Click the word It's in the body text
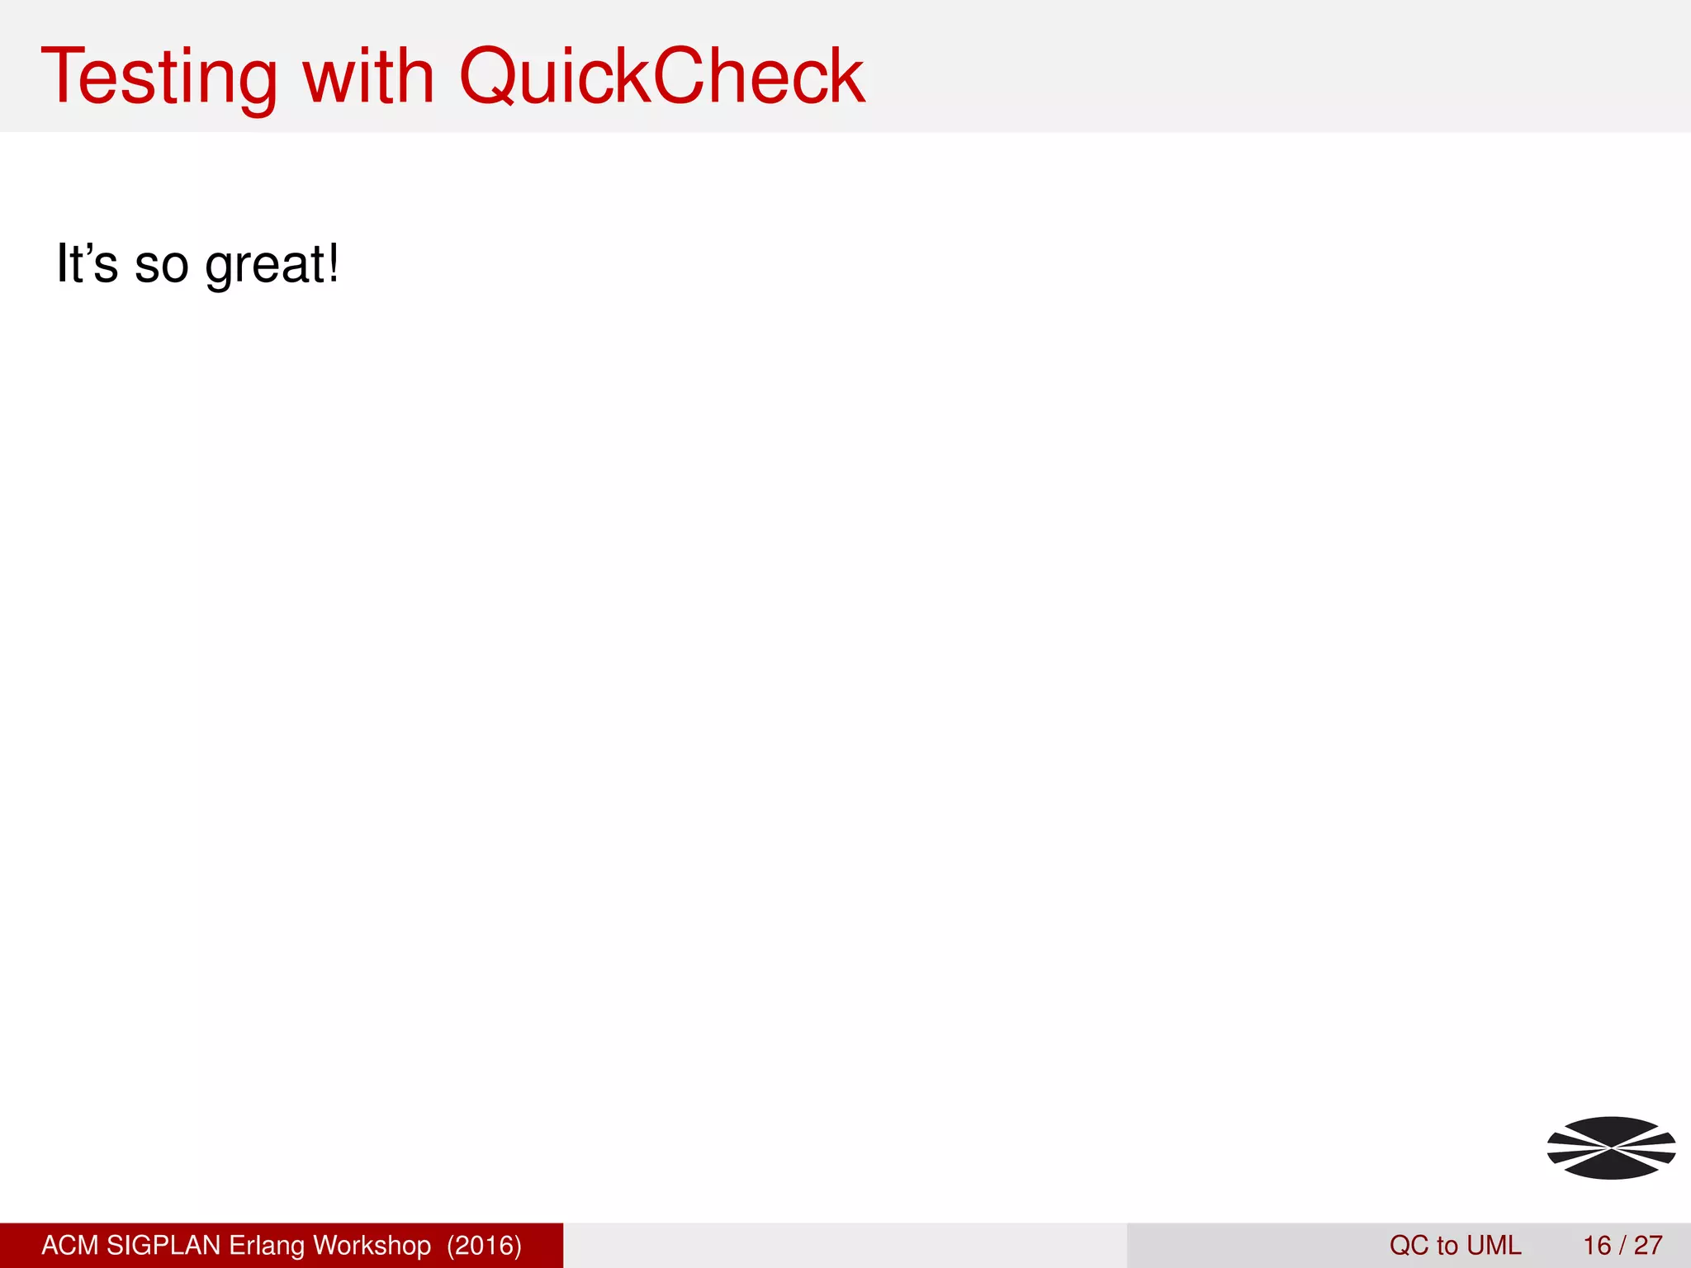point(87,264)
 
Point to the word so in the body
point(161,266)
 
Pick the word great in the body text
point(265,266)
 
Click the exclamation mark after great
point(333,263)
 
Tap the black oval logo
point(1611,1147)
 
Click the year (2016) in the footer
point(485,1245)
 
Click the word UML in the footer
point(1494,1245)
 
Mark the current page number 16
point(1597,1245)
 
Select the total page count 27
point(1648,1245)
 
